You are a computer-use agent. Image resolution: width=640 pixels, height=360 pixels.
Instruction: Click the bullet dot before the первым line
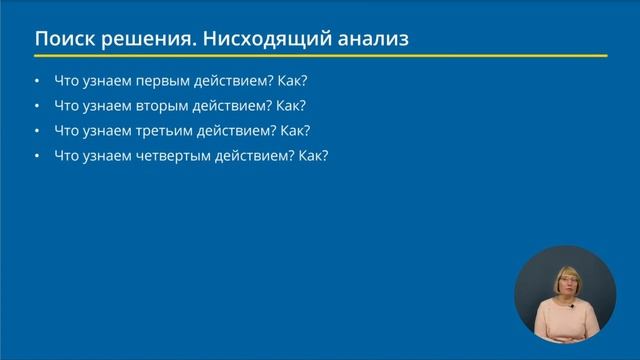(37, 81)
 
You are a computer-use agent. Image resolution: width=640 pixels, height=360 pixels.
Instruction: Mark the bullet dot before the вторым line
(37, 106)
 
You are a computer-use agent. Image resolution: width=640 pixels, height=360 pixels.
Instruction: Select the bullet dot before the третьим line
(37, 131)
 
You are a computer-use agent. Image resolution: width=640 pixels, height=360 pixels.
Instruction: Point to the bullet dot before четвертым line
(37, 157)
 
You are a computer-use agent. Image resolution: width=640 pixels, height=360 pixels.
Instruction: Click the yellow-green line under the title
(320, 56)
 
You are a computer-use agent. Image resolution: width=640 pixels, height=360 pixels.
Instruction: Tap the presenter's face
(564, 288)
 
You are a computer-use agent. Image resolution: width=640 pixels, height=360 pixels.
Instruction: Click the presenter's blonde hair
(564, 271)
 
